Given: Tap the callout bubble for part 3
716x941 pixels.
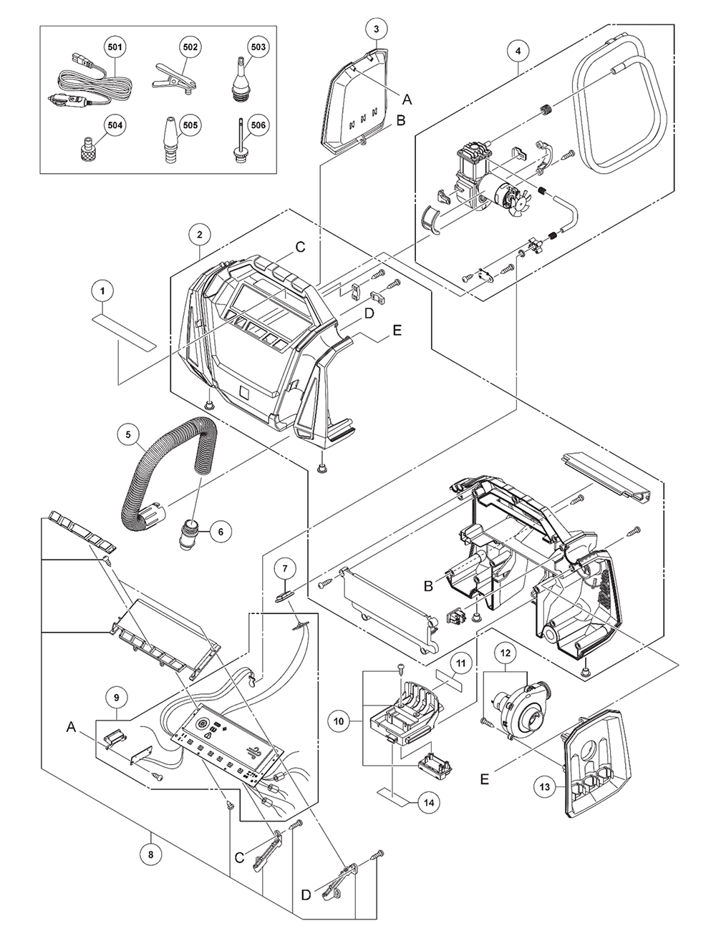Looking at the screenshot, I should point(377,29).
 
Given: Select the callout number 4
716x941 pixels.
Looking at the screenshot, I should point(518,51).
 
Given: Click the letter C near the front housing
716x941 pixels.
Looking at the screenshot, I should point(300,247).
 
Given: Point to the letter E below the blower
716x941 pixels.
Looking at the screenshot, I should point(485,779).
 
